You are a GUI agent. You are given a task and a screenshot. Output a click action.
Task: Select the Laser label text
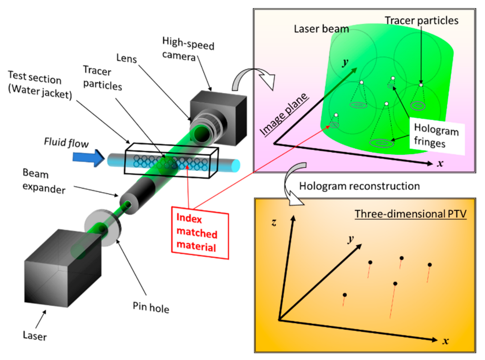pos(35,336)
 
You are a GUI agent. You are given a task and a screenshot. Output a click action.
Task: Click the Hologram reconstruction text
pos(359,186)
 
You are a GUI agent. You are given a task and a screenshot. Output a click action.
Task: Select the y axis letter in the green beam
pos(344,63)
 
